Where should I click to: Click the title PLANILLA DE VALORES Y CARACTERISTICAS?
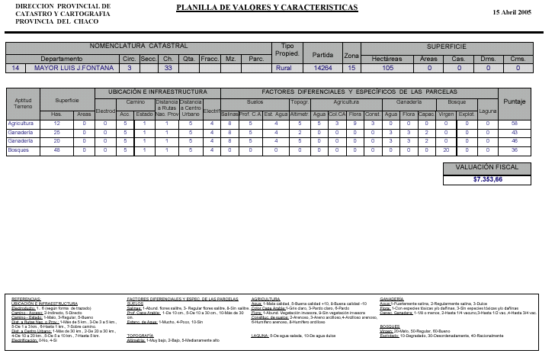[x=267, y=8]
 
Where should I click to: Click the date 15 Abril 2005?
[x=512, y=13]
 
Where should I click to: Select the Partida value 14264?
[x=323, y=68]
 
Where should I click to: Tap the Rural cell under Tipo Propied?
[x=284, y=68]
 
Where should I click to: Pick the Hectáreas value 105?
[x=387, y=68]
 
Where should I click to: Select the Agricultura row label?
[x=21, y=123]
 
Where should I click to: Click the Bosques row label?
[x=18, y=150]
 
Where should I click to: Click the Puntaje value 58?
[x=515, y=123]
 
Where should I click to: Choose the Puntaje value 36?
[x=515, y=150]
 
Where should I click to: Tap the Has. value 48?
[x=56, y=150]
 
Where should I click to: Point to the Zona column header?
[x=351, y=56]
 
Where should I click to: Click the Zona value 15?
[x=351, y=68]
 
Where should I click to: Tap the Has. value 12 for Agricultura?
[x=56, y=123]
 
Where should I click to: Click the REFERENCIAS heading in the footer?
[x=26, y=298]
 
